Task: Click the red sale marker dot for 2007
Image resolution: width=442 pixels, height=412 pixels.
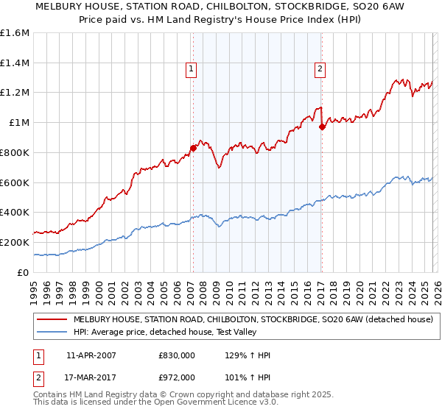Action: pyautogui.click(x=193, y=147)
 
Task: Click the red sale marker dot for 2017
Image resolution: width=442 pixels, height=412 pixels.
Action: pyautogui.click(x=322, y=127)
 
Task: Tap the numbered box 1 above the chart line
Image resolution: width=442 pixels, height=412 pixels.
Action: pyautogui.click(x=191, y=70)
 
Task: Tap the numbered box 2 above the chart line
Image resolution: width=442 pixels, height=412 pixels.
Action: pyautogui.click(x=320, y=70)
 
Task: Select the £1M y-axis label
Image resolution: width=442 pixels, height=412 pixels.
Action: pyautogui.click(x=19, y=123)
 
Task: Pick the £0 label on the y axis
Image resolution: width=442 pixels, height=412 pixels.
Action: pyautogui.click(x=22, y=272)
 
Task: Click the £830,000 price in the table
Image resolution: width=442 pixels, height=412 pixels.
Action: pyautogui.click(x=176, y=355)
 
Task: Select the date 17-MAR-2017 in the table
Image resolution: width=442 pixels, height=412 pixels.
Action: pyautogui.click(x=91, y=377)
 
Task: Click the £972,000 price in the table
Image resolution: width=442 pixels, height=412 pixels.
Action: pyautogui.click(x=176, y=377)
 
